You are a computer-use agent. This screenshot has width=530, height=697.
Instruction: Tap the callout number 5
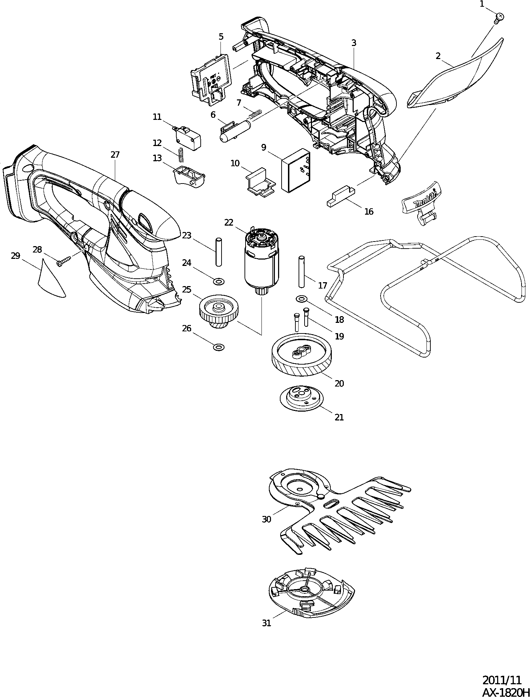[221, 36]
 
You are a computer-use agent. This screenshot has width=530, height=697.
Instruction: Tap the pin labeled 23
[218, 252]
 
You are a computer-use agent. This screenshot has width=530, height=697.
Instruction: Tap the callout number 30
[266, 519]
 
